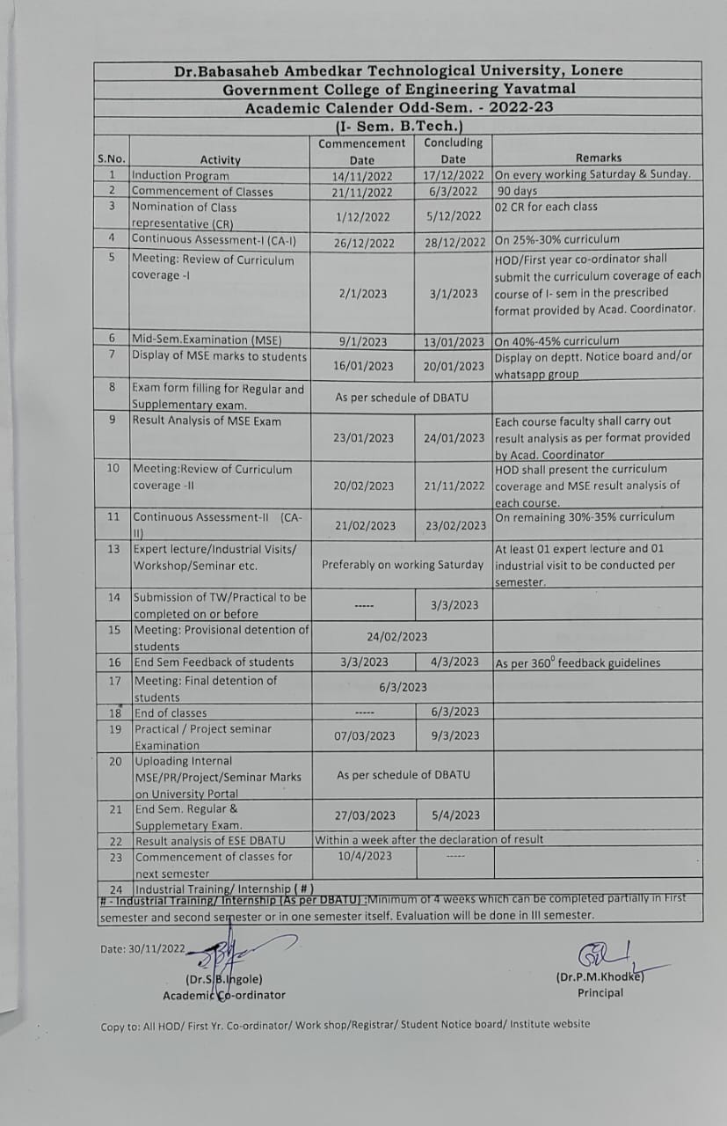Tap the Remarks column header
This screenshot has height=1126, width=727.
(x=599, y=158)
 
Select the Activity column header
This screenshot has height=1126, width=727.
(x=220, y=159)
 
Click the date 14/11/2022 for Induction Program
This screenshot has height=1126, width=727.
(x=364, y=176)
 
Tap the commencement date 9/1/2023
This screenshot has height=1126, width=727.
(x=362, y=341)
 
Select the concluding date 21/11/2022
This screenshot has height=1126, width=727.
(x=454, y=486)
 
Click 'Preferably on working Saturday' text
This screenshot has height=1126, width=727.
(x=403, y=565)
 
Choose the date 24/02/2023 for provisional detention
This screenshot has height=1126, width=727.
(x=397, y=636)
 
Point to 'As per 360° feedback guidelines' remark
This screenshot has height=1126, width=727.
(x=578, y=663)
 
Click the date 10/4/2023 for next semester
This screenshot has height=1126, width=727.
(x=365, y=856)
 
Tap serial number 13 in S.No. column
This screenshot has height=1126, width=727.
(x=113, y=549)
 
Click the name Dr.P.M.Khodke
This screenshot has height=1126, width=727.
(x=599, y=976)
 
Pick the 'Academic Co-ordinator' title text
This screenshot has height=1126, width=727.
(x=224, y=995)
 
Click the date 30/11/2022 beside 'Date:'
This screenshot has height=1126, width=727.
(x=157, y=948)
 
